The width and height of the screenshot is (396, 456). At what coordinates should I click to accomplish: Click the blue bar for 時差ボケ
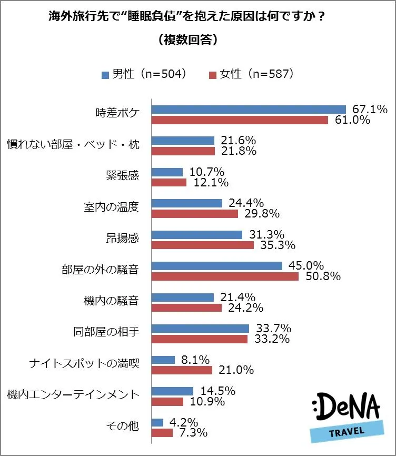coord(248,109)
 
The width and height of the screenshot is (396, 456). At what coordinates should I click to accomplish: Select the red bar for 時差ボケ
coord(240,120)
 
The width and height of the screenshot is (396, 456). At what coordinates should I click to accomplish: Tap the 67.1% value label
coord(370,109)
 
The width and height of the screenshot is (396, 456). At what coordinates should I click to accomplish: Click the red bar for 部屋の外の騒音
coord(225,276)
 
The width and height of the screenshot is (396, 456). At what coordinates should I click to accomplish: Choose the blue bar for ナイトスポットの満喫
coord(163,360)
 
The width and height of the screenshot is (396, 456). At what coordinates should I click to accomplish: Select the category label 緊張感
coord(122,175)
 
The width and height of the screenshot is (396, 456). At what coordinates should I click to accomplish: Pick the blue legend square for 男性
coord(105,74)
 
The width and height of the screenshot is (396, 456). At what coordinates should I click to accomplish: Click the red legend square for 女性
coord(213,74)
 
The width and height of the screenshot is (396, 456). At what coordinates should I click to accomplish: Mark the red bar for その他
coord(162,433)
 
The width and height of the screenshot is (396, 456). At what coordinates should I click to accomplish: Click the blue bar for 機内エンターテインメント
coord(172,391)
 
